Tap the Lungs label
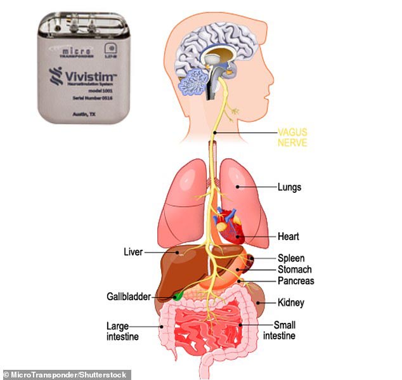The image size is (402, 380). click(289, 188)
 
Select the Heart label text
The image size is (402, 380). click(289, 237)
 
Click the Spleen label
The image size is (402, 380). click(292, 258)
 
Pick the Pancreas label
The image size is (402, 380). click(295, 280)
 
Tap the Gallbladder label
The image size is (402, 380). click(128, 296)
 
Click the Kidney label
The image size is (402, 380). click(291, 303)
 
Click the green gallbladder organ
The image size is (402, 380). click(179, 294)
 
